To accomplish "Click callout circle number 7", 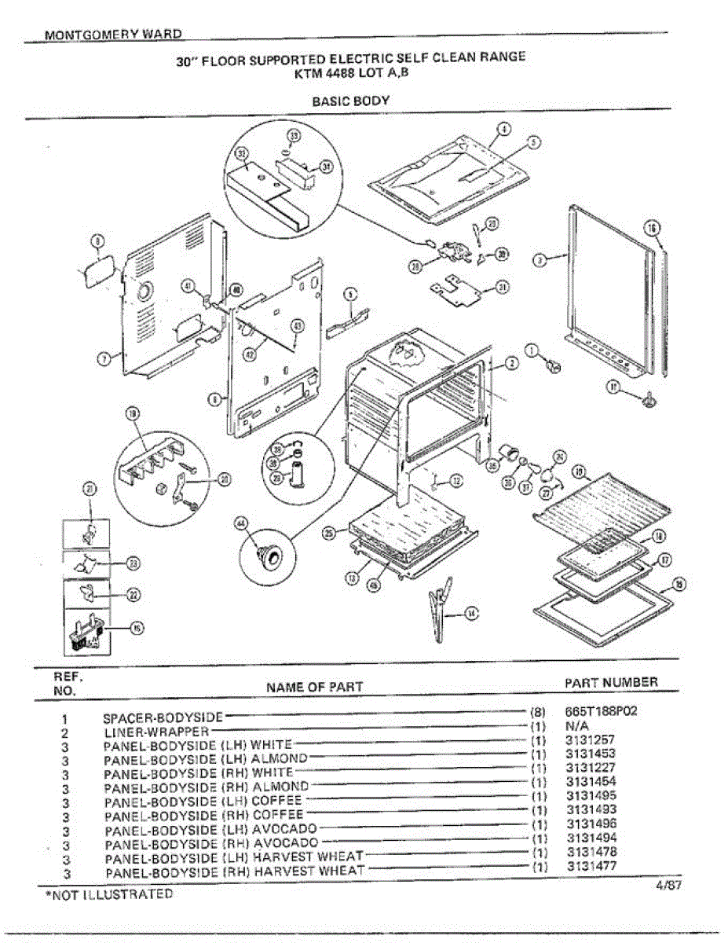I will pos(102,359).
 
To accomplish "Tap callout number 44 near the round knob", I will pos(240,523).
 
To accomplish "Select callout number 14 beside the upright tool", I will pos(471,615).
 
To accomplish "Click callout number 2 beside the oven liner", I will pos(510,363).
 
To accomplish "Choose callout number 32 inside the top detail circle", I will pos(241,155).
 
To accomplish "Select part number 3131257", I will pos(590,740).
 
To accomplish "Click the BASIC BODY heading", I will pos(350,101).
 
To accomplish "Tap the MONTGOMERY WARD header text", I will pos(114,35).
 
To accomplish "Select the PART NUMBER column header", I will pos(611,682).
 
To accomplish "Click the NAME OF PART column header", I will pos(314,687).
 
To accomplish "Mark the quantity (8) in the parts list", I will pos(539,712).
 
